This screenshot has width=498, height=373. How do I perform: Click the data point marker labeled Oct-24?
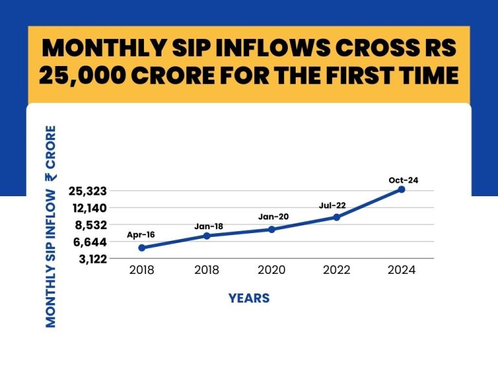[x=401, y=189]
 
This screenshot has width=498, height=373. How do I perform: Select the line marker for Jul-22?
[x=337, y=217]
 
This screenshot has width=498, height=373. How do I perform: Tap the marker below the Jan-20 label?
[x=272, y=229]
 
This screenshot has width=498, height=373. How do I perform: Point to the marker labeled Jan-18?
[x=207, y=236]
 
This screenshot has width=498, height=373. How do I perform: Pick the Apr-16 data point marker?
[x=141, y=247]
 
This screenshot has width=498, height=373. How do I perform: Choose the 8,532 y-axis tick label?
[x=88, y=225]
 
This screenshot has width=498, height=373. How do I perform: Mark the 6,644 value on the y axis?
[x=88, y=242]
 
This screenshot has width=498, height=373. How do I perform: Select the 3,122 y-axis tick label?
[x=88, y=258]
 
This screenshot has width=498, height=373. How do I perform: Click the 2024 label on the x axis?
[x=401, y=271]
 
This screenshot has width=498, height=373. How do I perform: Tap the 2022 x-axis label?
[x=337, y=271]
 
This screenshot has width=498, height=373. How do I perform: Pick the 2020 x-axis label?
[x=272, y=271]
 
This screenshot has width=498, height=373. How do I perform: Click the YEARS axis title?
[x=249, y=299]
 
